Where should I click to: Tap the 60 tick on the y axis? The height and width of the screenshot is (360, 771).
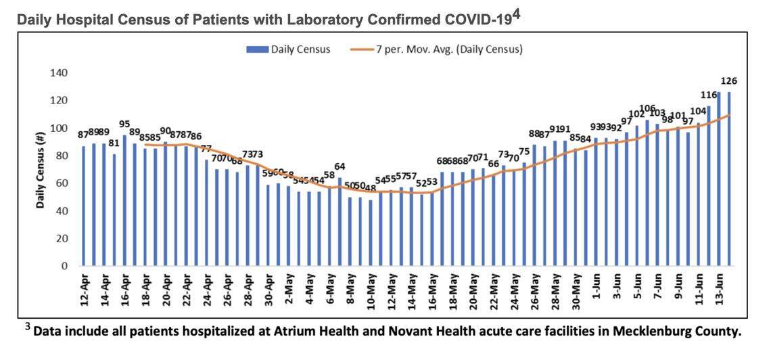[x=62, y=183]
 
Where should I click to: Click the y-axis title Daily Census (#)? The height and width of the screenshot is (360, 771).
[x=41, y=169]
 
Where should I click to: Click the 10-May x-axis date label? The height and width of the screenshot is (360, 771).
[x=371, y=291]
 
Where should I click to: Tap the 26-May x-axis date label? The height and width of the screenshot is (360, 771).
[x=535, y=291]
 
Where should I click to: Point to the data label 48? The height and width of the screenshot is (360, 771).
[x=371, y=188]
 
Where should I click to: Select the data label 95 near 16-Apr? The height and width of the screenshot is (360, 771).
[x=124, y=124]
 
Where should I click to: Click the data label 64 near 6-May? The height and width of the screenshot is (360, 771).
[x=340, y=166]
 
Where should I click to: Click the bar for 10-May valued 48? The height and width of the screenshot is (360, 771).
[x=371, y=233]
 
